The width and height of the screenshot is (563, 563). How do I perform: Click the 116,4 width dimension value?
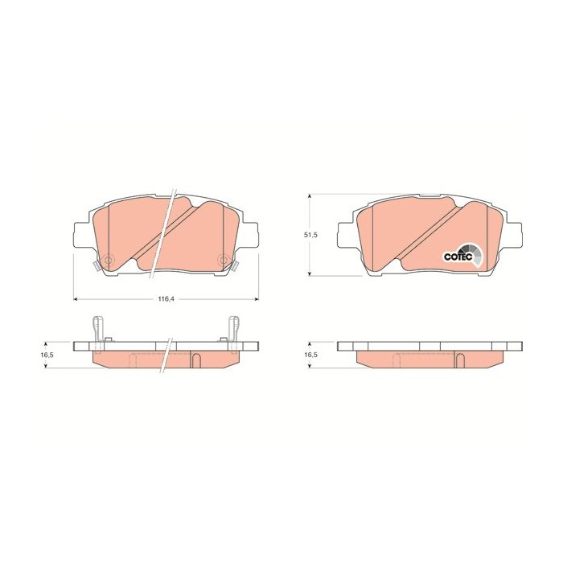click(166, 299)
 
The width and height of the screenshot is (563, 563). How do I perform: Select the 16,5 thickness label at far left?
click(47, 355)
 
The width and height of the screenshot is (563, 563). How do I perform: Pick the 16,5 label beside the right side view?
click(309, 355)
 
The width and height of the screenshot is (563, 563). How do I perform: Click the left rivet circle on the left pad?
click(107, 260)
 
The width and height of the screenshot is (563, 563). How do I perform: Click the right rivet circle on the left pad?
click(224, 260)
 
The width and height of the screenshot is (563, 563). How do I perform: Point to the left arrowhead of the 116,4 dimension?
click(76, 298)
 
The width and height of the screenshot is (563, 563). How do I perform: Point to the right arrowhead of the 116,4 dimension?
click(256, 298)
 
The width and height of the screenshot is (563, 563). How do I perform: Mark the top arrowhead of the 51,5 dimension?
click(309, 197)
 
